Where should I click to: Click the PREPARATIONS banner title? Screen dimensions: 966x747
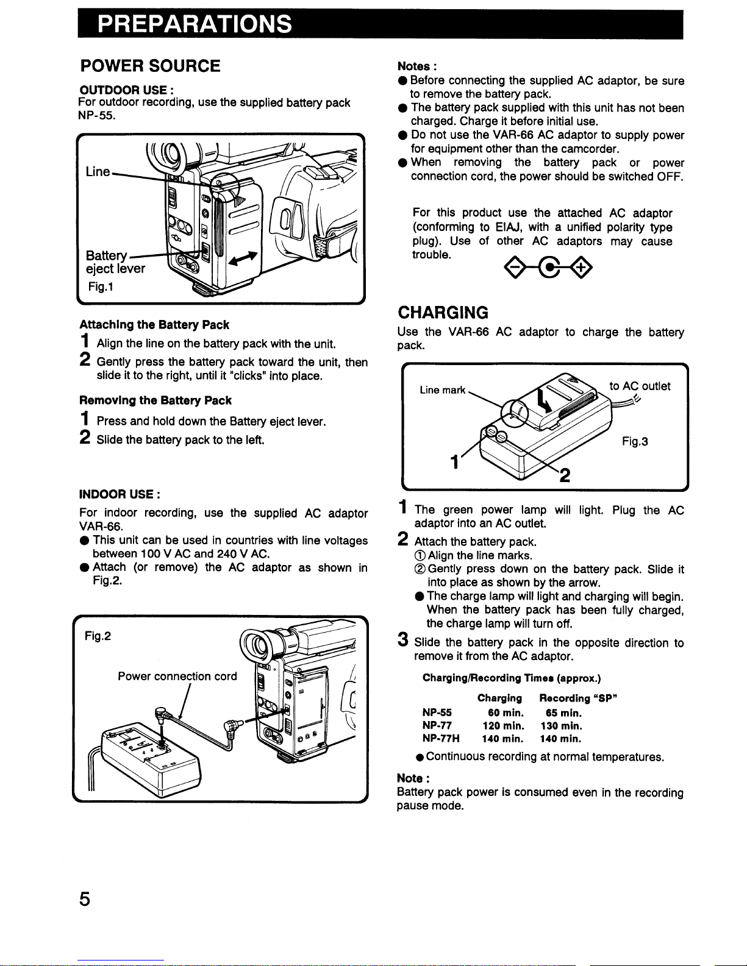point(194,25)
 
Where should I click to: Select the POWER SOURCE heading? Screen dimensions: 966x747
point(151,66)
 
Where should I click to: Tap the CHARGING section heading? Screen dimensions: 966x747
point(443,313)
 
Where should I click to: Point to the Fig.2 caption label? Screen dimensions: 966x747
point(98,636)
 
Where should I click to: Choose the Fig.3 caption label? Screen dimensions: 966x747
point(635,441)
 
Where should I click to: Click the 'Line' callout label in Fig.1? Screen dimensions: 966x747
point(98,172)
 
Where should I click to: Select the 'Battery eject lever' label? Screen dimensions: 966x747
point(115,262)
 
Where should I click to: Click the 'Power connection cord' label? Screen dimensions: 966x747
point(177,676)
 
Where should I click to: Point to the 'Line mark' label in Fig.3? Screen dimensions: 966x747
point(443,390)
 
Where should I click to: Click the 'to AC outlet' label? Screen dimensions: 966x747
point(640,386)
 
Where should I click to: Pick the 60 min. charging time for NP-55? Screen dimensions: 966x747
point(506,712)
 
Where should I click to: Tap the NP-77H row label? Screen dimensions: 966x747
point(441,739)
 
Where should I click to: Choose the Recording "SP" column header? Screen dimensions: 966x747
point(579,698)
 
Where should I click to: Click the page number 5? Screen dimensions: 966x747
point(85,899)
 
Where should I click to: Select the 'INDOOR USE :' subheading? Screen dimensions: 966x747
point(120,492)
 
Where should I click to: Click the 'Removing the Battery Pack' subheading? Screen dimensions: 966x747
point(155,400)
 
